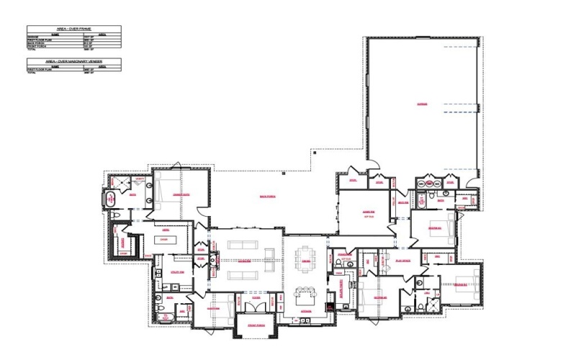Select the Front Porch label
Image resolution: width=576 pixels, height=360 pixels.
point(257,325)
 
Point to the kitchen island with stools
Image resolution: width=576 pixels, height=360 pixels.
point(305,294)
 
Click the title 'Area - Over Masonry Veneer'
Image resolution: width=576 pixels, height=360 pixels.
point(73,62)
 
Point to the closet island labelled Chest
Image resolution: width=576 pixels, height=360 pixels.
point(164,239)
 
